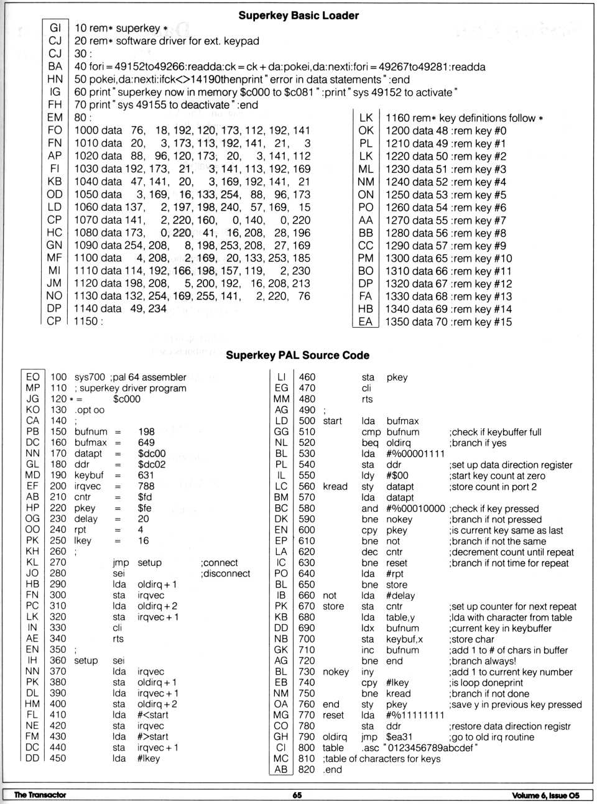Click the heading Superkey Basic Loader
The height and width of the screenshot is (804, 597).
[x=298, y=16]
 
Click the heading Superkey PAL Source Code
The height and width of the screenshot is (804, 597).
[x=297, y=355]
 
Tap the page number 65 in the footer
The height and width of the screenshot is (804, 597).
[x=297, y=795]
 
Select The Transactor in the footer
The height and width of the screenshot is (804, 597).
[x=40, y=795]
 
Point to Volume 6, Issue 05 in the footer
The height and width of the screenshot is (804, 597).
[x=545, y=795]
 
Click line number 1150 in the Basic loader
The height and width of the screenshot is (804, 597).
[x=86, y=321]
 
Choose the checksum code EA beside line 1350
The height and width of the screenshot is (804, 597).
[x=365, y=322]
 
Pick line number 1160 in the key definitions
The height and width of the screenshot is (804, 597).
[x=398, y=118]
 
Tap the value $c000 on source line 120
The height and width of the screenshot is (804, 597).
[x=127, y=399]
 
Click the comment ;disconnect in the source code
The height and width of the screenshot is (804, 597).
[x=225, y=574]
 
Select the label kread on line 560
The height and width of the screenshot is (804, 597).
[x=335, y=487]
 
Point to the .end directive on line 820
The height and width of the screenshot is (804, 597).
[x=333, y=770]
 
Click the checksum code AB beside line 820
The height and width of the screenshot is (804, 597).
[x=281, y=770]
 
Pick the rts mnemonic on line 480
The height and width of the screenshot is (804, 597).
[x=367, y=399]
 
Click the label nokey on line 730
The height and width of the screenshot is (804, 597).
[x=336, y=672]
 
